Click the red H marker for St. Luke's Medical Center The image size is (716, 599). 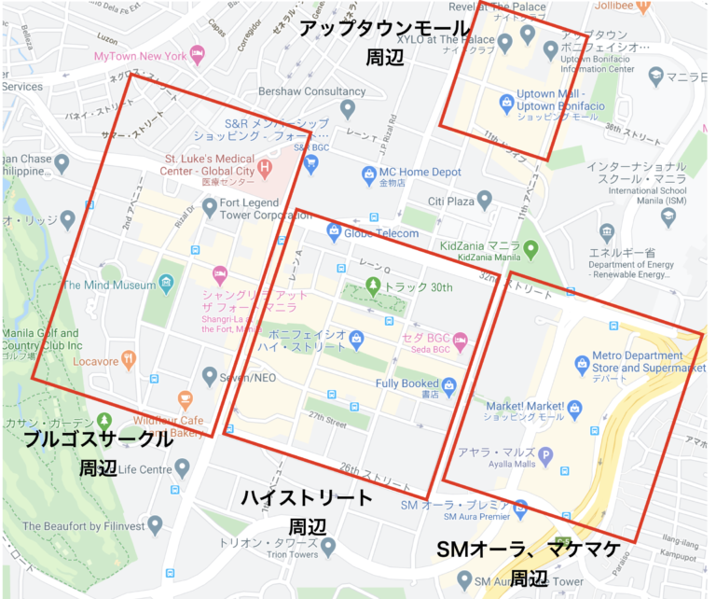[264, 168]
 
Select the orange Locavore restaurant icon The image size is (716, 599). [129, 358]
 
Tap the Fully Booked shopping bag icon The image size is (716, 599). [449, 383]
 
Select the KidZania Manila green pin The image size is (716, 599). [531, 249]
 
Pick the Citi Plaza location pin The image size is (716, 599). [483, 201]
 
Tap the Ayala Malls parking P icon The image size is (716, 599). [545, 455]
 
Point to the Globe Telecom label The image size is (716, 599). [381, 232]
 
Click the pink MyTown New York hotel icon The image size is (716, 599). [197, 54]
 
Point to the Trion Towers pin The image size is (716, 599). [328, 545]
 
